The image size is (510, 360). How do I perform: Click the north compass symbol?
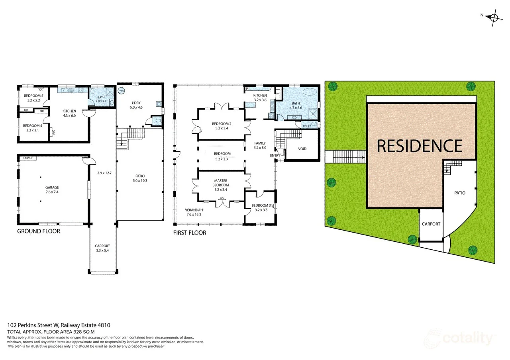pyautogui.click(x=493, y=17)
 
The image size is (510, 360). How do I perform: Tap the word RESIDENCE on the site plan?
pyautogui.click(x=420, y=146)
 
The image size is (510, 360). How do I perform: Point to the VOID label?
pyautogui.click(x=302, y=149)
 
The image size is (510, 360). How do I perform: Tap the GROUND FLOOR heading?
pyautogui.click(x=39, y=231)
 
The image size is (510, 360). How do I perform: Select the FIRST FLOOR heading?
pyautogui.click(x=190, y=233)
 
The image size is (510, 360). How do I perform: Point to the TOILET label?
pyautogui.click(x=306, y=126)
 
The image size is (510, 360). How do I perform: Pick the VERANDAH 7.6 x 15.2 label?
pyautogui.click(x=194, y=212)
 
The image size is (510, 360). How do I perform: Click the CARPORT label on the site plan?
pyautogui.click(x=431, y=224)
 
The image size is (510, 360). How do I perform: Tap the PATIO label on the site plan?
pyautogui.click(x=460, y=193)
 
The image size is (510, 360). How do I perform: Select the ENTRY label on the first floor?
pyautogui.click(x=275, y=155)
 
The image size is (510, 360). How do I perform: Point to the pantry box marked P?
pyautogui.click(x=247, y=88)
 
